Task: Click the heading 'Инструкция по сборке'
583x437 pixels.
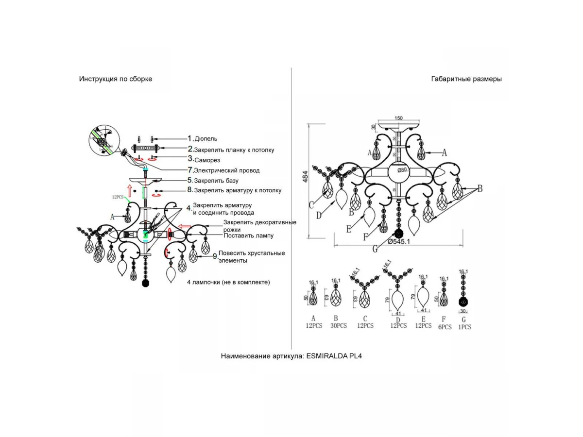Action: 116,79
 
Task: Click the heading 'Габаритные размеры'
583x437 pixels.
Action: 466,79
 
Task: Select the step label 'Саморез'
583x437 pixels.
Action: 207,160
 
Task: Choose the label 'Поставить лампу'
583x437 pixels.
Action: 248,235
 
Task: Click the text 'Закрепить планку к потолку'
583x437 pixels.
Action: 234,150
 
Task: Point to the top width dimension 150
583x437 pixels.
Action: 398,118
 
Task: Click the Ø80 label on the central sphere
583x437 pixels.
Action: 401,170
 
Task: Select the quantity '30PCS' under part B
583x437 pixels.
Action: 338,326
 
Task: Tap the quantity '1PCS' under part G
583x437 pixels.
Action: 464,327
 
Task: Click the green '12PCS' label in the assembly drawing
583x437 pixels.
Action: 119,197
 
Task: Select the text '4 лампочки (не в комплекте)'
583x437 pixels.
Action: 228,282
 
